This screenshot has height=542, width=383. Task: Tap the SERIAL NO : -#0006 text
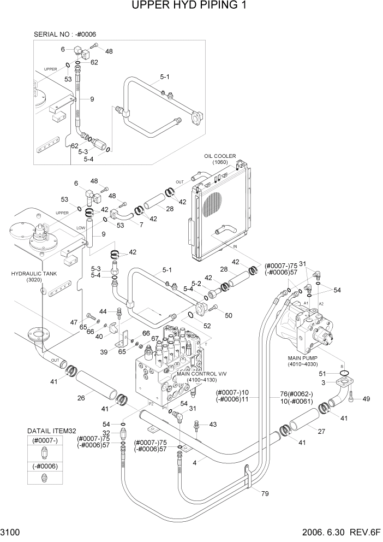coord(65,34)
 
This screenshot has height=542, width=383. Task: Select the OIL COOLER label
coord(220,156)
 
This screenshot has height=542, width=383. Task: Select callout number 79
coord(265,495)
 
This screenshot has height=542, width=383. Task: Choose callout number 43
coord(212,424)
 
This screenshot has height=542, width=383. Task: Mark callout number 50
coord(228,315)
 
